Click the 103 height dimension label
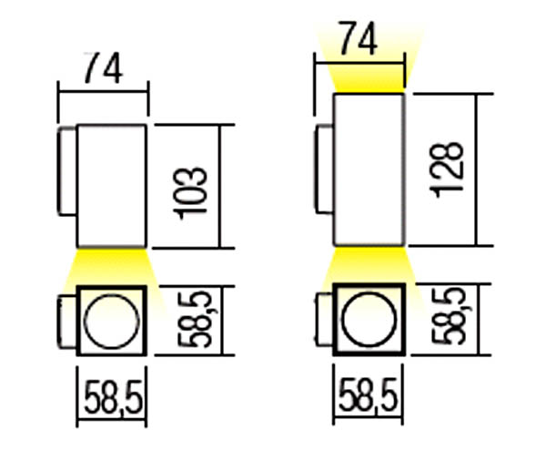tap(190, 193)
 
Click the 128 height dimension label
tap(447, 169)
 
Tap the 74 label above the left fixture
tap(104, 68)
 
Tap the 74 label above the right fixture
tap(358, 38)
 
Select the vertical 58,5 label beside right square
tap(449, 316)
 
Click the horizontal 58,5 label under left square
tap(114, 397)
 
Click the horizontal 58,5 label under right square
tap(368, 394)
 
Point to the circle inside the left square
tap(85, 322)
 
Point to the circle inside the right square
tap(341, 320)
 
